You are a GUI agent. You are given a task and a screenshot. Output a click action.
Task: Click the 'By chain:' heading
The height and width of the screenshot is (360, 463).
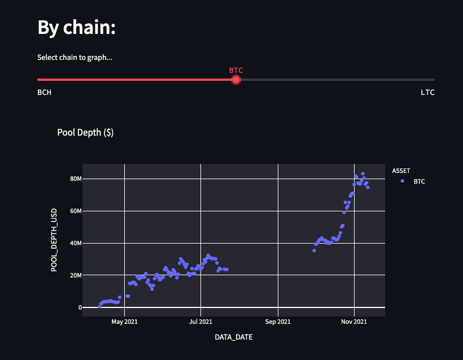(x=76, y=27)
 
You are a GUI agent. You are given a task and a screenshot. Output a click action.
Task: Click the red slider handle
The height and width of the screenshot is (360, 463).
(x=236, y=80)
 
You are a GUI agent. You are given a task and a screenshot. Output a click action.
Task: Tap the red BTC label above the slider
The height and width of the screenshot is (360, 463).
(x=236, y=70)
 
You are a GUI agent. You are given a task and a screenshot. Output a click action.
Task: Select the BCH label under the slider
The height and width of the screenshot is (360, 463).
(x=44, y=92)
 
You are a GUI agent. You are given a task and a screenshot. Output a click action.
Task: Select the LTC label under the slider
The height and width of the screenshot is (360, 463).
(x=427, y=92)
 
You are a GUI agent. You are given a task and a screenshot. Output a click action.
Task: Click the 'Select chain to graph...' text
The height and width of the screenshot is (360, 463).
(x=75, y=57)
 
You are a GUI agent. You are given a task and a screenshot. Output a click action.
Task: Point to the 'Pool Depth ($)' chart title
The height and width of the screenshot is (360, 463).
(x=85, y=132)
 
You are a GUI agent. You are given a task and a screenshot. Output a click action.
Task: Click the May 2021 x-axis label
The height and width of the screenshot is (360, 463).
(x=124, y=322)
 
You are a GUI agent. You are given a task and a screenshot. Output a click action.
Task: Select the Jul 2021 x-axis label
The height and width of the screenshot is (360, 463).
(x=200, y=322)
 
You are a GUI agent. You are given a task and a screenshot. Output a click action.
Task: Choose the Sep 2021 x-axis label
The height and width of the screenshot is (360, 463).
(x=277, y=322)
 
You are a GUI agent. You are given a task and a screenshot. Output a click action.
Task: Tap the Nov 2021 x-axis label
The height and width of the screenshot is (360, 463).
(x=354, y=322)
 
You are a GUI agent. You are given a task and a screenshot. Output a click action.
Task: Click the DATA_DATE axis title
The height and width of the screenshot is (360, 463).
(x=234, y=337)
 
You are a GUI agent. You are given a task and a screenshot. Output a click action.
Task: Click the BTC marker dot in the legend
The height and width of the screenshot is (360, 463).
(x=402, y=181)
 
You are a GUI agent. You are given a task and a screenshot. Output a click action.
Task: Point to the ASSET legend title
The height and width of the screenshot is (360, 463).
(x=401, y=170)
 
